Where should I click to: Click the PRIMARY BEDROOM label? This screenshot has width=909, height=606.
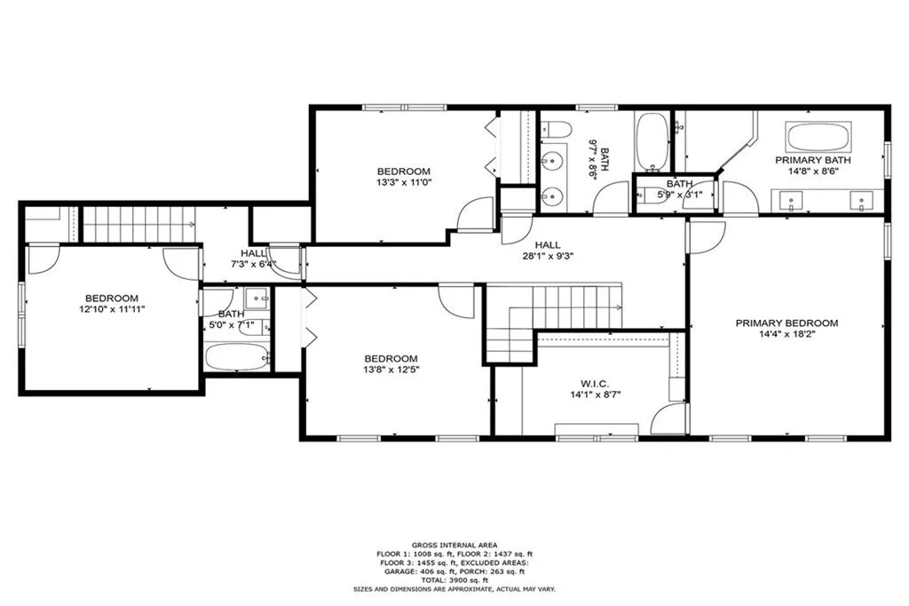tap(786, 323)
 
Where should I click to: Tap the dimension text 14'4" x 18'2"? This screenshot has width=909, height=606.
tap(786, 336)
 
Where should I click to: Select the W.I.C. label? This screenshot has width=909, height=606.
tap(594, 383)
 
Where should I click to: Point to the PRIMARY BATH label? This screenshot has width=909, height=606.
tap(813, 161)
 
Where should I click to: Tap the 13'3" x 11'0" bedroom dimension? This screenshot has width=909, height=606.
tap(403, 184)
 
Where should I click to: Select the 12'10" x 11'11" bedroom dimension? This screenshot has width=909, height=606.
tap(112, 310)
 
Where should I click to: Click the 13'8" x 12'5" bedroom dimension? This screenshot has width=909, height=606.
tap(391, 370)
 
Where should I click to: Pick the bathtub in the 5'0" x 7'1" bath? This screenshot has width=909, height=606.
tap(236, 358)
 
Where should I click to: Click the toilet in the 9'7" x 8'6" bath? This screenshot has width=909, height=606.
tap(557, 130)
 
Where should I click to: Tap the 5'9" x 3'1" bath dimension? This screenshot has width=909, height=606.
tap(679, 194)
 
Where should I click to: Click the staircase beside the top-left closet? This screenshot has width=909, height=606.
tap(138, 223)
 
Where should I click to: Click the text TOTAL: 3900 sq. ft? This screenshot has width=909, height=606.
tap(454, 578)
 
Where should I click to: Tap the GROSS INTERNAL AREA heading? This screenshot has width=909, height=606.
tap(454, 545)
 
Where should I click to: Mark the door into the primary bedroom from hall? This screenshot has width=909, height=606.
tap(706, 235)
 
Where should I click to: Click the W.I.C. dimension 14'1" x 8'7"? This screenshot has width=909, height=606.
tap(594, 395)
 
